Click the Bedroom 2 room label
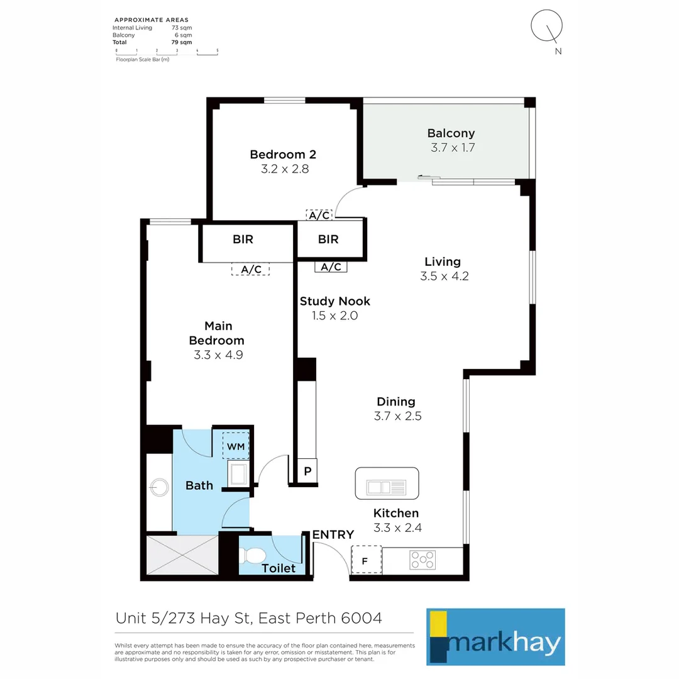click(x=283, y=155)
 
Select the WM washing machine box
click(x=236, y=446)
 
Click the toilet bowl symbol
click(x=254, y=555)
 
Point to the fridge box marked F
click(x=367, y=560)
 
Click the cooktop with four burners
click(x=423, y=560)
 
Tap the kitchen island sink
click(x=387, y=486)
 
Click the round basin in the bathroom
click(x=158, y=486)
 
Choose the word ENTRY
click(x=333, y=534)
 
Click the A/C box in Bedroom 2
click(x=319, y=215)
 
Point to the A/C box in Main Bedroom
click(x=251, y=269)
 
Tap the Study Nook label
click(x=334, y=301)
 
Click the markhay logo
click(x=495, y=636)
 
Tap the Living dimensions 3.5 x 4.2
click(x=444, y=275)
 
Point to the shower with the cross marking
click(x=182, y=557)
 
